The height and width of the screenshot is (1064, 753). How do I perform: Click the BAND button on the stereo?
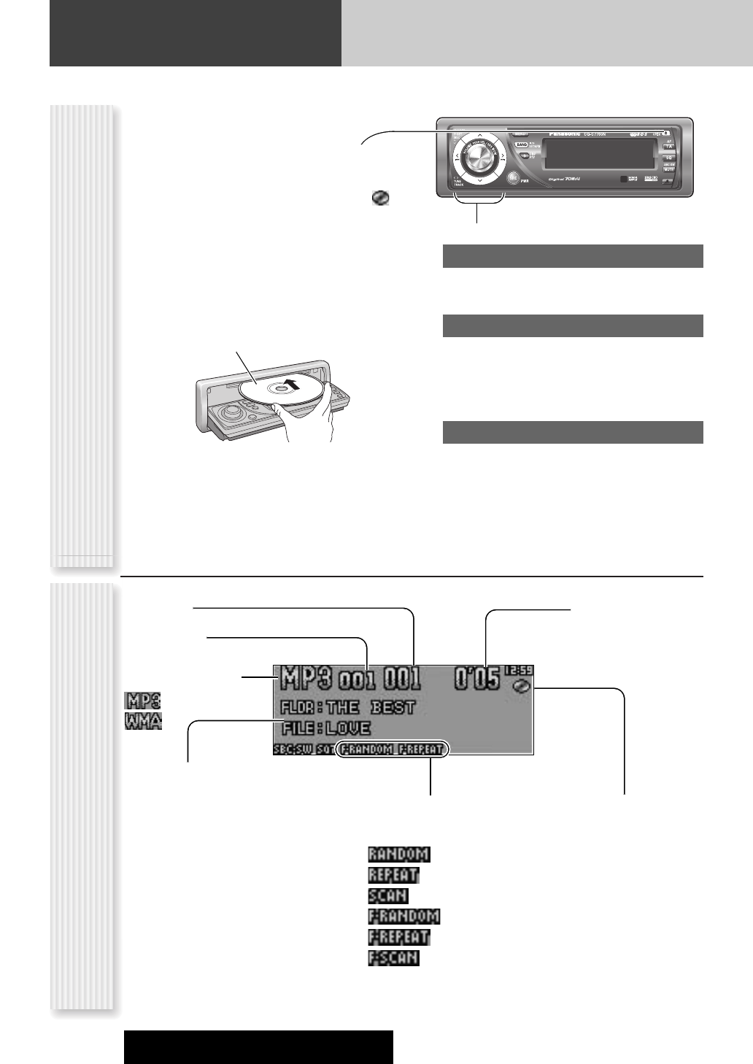click(521, 145)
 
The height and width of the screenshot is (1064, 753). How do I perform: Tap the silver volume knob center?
click(474, 158)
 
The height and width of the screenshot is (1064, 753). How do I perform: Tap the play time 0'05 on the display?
click(476, 679)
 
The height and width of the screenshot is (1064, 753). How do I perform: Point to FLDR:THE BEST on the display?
click(347, 706)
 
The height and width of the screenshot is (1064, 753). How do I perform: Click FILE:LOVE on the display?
click(325, 728)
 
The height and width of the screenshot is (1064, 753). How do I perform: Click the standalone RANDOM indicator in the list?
click(399, 854)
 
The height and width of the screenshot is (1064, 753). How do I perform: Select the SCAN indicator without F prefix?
click(388, 895)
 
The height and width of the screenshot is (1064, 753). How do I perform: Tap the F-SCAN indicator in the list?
click(394, 957)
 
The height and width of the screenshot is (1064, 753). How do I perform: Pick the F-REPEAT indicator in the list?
click(399, 936)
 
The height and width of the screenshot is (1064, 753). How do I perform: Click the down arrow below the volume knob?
click(479, 180)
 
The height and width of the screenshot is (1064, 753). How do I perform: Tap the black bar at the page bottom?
click(258, 1046)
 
